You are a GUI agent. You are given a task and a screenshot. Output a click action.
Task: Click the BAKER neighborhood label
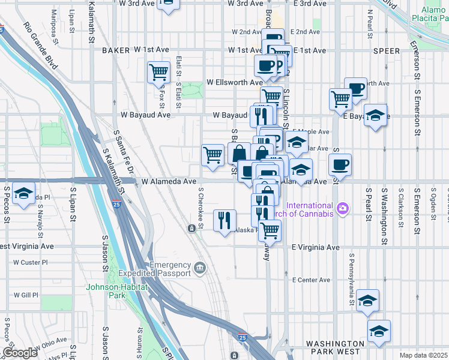tap(116, 51)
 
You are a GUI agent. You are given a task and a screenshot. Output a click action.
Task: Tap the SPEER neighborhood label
tap(386, 52)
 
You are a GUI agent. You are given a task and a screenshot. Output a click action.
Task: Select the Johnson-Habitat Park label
tap(104, 290)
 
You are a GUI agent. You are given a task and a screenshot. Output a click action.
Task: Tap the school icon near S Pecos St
tap(23, 193)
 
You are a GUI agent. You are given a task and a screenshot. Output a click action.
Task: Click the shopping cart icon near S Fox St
tap(158, 73)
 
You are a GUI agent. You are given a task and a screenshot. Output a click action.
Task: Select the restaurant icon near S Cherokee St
tap(225, 220)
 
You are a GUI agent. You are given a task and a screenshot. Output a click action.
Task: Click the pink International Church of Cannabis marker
tap(343, 208)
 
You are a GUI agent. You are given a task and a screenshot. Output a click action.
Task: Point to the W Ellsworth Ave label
tap(234, 82)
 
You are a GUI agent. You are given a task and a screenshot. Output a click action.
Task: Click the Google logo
tap(20, 353)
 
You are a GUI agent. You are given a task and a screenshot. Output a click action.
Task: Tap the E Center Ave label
tap(311, 280)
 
